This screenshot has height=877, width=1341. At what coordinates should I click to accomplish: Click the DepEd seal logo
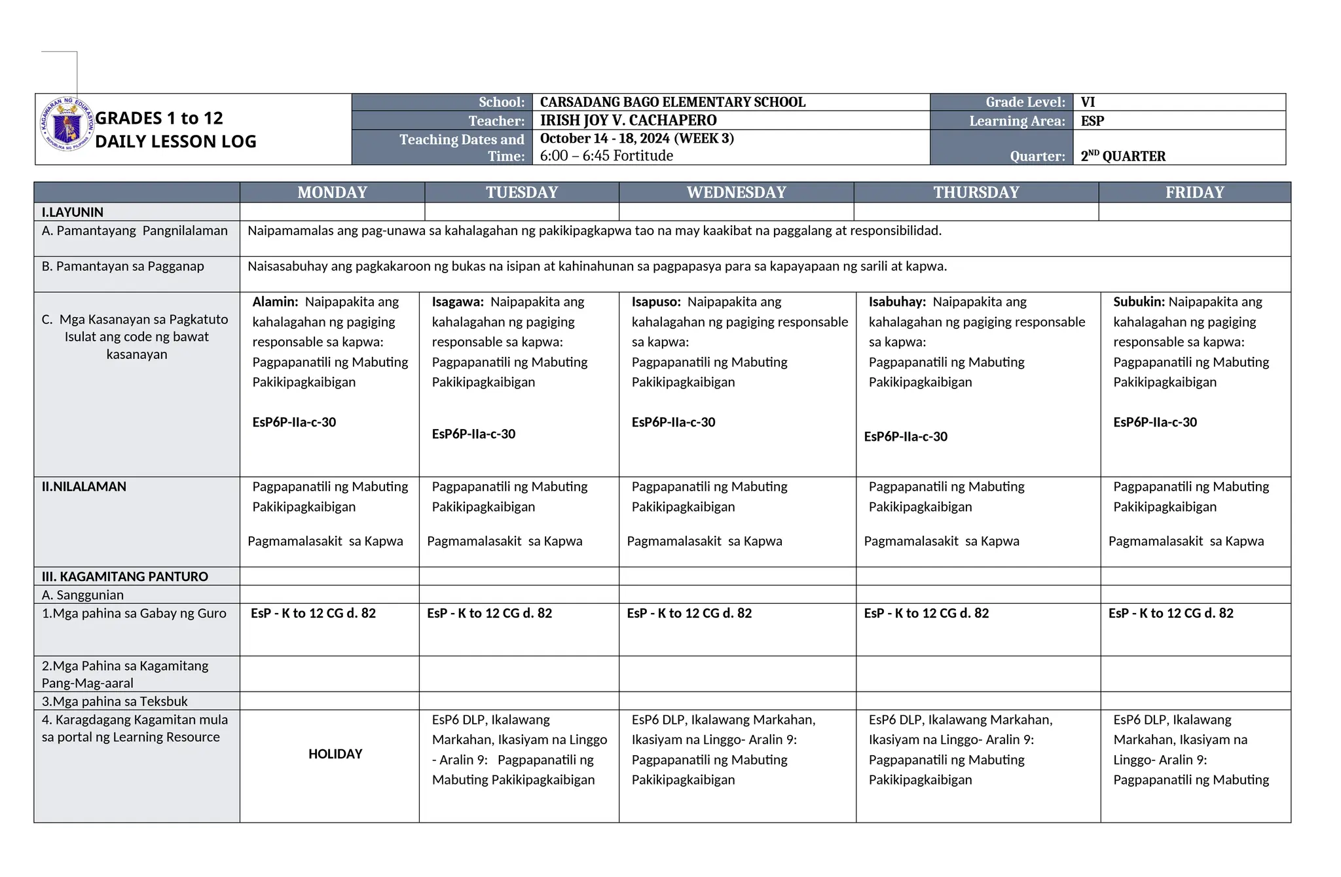67,124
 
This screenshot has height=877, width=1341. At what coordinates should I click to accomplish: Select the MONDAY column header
332,193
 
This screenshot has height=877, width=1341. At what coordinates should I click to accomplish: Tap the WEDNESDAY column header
736,193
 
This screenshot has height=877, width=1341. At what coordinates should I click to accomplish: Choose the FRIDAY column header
1194,193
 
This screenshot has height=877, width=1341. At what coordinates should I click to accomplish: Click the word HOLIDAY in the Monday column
335,754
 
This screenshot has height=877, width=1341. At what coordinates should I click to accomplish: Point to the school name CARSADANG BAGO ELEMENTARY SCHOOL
672,102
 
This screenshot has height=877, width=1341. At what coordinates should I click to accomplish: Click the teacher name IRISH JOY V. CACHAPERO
628,121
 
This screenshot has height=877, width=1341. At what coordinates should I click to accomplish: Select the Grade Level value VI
1088,102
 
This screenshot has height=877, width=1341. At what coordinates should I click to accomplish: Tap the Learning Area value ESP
1092,121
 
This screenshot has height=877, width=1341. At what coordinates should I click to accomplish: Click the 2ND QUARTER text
1123,156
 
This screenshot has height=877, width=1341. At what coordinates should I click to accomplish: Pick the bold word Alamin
275,302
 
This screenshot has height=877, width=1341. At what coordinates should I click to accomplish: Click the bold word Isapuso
655,302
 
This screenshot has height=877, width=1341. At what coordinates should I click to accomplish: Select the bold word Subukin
1139,302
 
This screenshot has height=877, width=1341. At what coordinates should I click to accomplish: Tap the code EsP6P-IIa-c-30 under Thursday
906,437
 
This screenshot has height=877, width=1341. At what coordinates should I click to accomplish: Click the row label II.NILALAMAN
84,487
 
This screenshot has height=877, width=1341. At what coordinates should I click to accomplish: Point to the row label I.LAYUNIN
73,212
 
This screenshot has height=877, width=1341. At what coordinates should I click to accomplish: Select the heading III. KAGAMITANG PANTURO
125,576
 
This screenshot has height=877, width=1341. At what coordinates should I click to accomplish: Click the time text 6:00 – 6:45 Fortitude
606,156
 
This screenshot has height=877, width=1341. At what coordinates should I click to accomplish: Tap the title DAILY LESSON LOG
175,141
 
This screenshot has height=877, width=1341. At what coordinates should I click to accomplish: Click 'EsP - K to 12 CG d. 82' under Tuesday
489,613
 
